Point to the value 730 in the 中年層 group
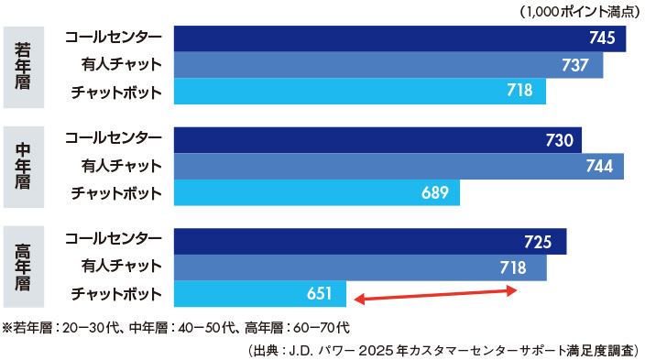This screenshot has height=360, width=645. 559,140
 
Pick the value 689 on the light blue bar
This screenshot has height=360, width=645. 437,192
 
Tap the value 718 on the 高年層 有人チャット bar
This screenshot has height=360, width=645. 513,267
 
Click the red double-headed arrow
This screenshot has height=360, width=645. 436,294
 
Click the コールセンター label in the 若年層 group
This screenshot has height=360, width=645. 114,38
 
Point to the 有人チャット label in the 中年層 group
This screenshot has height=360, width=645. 121,166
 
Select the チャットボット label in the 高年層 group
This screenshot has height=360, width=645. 116,294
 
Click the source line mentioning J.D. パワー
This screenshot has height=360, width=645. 443,350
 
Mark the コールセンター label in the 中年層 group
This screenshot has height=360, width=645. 114,139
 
